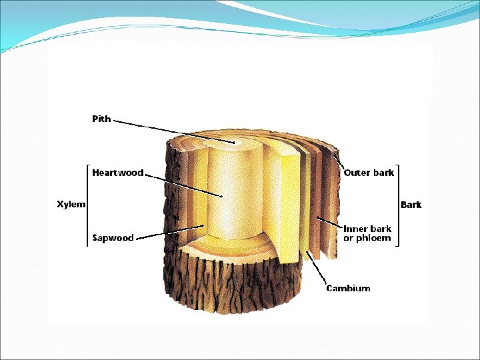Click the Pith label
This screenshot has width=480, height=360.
pyautogui.click(x=101, y=119)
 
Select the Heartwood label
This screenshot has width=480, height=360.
pyautogui.click(x=117, y=173)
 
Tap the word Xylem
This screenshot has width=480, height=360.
pyautogui.click(x=71, y=204)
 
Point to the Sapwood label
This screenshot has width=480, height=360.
pyautogui.click(x=113, y=237)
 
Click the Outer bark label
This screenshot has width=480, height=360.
pyautogui.click(x=369, y=173)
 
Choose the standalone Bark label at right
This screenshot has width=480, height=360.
pyautogui.click(x=411, y=205)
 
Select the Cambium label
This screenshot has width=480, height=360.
pyautogui.click(x=347, y=288)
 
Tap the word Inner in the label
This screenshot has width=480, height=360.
pyautogui.click(x=355, y=229)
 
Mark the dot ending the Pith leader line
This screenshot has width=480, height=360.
pyautogui.click(x=234, y=143)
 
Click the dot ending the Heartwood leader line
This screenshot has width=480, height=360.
pyautogui.click(x=221, y=196)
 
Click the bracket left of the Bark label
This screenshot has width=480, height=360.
pyautogui.click(x=397, y=205)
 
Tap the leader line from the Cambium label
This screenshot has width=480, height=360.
pyautogui.click(x=318, y=267)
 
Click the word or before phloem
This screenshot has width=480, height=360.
pyautogui.click(x=348, y=238)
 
